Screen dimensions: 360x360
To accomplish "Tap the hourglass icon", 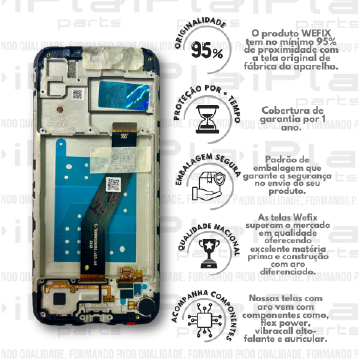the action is point(206,117).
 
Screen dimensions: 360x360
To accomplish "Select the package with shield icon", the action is point(206,183).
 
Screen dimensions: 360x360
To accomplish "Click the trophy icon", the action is point(206,250).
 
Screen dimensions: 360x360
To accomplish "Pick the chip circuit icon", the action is point(206,318).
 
